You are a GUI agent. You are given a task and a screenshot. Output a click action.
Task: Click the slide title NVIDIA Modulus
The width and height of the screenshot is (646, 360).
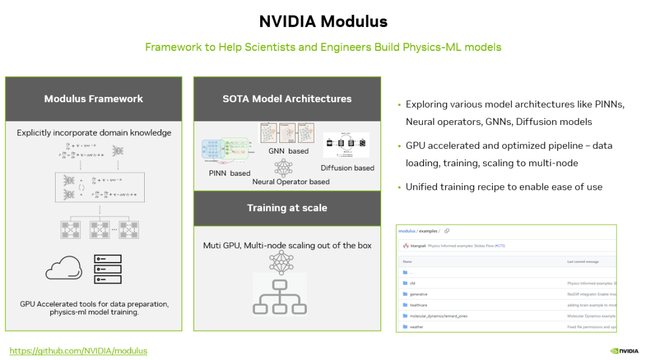(x=323, y=22)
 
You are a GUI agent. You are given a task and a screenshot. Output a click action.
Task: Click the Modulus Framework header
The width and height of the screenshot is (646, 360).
(x=93, y=99)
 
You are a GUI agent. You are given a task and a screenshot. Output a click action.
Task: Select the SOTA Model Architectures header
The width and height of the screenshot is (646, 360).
(x=287, y=99)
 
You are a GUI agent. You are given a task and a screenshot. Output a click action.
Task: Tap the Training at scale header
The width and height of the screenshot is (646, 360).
(x=287, y=208)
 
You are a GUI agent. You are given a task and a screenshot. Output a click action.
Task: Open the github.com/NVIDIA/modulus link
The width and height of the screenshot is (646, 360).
(x=78, y=350)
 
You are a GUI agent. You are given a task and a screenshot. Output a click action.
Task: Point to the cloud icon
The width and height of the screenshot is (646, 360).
(x=63, y=268)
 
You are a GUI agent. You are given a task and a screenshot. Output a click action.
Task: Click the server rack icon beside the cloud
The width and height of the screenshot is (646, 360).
(x=108, y=269)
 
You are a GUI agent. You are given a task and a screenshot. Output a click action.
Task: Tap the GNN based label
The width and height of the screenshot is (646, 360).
(x=288, y=151)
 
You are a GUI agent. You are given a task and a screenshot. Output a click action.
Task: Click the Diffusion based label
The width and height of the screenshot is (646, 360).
(x=348, y=168)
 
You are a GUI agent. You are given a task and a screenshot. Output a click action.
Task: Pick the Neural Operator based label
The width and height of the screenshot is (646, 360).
(x=291, y=181)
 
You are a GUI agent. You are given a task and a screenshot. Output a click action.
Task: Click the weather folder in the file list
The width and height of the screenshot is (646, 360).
(x=416, y=327)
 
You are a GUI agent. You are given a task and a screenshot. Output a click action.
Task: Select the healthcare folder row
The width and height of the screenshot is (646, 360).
(x=418, y=305)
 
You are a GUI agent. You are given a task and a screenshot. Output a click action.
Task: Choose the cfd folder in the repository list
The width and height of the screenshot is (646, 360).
(x=412, y=283)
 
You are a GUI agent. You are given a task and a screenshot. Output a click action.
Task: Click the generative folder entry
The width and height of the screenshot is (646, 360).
(x=418, y=294)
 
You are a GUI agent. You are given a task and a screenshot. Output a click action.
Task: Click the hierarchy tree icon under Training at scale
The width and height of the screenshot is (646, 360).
(x=279, y=295)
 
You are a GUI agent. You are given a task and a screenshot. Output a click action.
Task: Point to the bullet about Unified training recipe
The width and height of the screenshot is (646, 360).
(x=504, y=187)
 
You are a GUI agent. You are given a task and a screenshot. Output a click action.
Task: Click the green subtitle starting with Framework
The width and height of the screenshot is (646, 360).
(x=323, y=47)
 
